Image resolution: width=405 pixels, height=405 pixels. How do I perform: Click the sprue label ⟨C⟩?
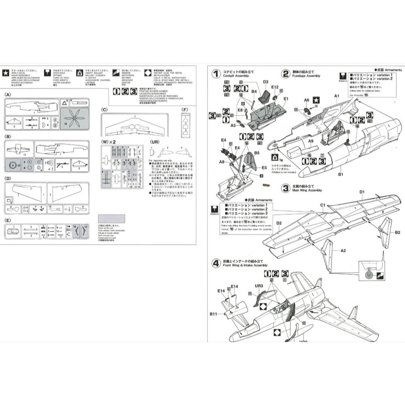pos(104,109)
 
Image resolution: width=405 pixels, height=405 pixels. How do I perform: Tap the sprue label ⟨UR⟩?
pos(155,142)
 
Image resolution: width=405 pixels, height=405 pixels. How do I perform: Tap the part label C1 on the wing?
pos(323,205)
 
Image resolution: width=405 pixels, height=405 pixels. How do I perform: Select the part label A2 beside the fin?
pos(343,251)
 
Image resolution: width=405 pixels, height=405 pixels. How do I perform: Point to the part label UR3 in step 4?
pos(259,286)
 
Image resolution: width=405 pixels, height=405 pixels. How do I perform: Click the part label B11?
pos(214,314)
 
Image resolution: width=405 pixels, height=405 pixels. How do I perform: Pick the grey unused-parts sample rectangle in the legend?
pos(112,219)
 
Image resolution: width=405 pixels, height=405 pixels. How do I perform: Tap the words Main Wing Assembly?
pos(307,190)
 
